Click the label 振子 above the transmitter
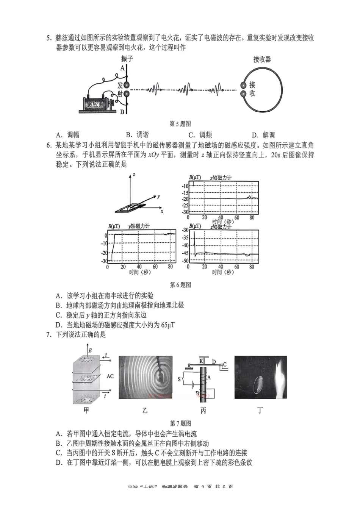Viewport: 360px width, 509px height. (127, 59)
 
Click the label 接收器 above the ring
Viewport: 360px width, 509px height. (262, 59)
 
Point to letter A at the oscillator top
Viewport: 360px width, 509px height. (122, 68)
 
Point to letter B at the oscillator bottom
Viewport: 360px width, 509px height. (122, 112)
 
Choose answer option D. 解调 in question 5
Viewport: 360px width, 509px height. (263, 134)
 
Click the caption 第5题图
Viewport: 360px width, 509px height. (180, 123)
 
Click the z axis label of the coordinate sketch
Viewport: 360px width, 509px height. (134, 175)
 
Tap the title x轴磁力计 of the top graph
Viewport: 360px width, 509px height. (221, 178)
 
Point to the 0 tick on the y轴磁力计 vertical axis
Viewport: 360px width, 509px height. (106, 235)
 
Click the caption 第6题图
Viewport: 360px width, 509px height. (180, 285)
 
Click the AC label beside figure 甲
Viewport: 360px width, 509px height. (110, 376)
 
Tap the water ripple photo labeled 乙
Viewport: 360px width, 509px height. (145, 377)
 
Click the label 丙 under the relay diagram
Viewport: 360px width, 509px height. (203, 411)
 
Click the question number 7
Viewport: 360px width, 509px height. (49, 334)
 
